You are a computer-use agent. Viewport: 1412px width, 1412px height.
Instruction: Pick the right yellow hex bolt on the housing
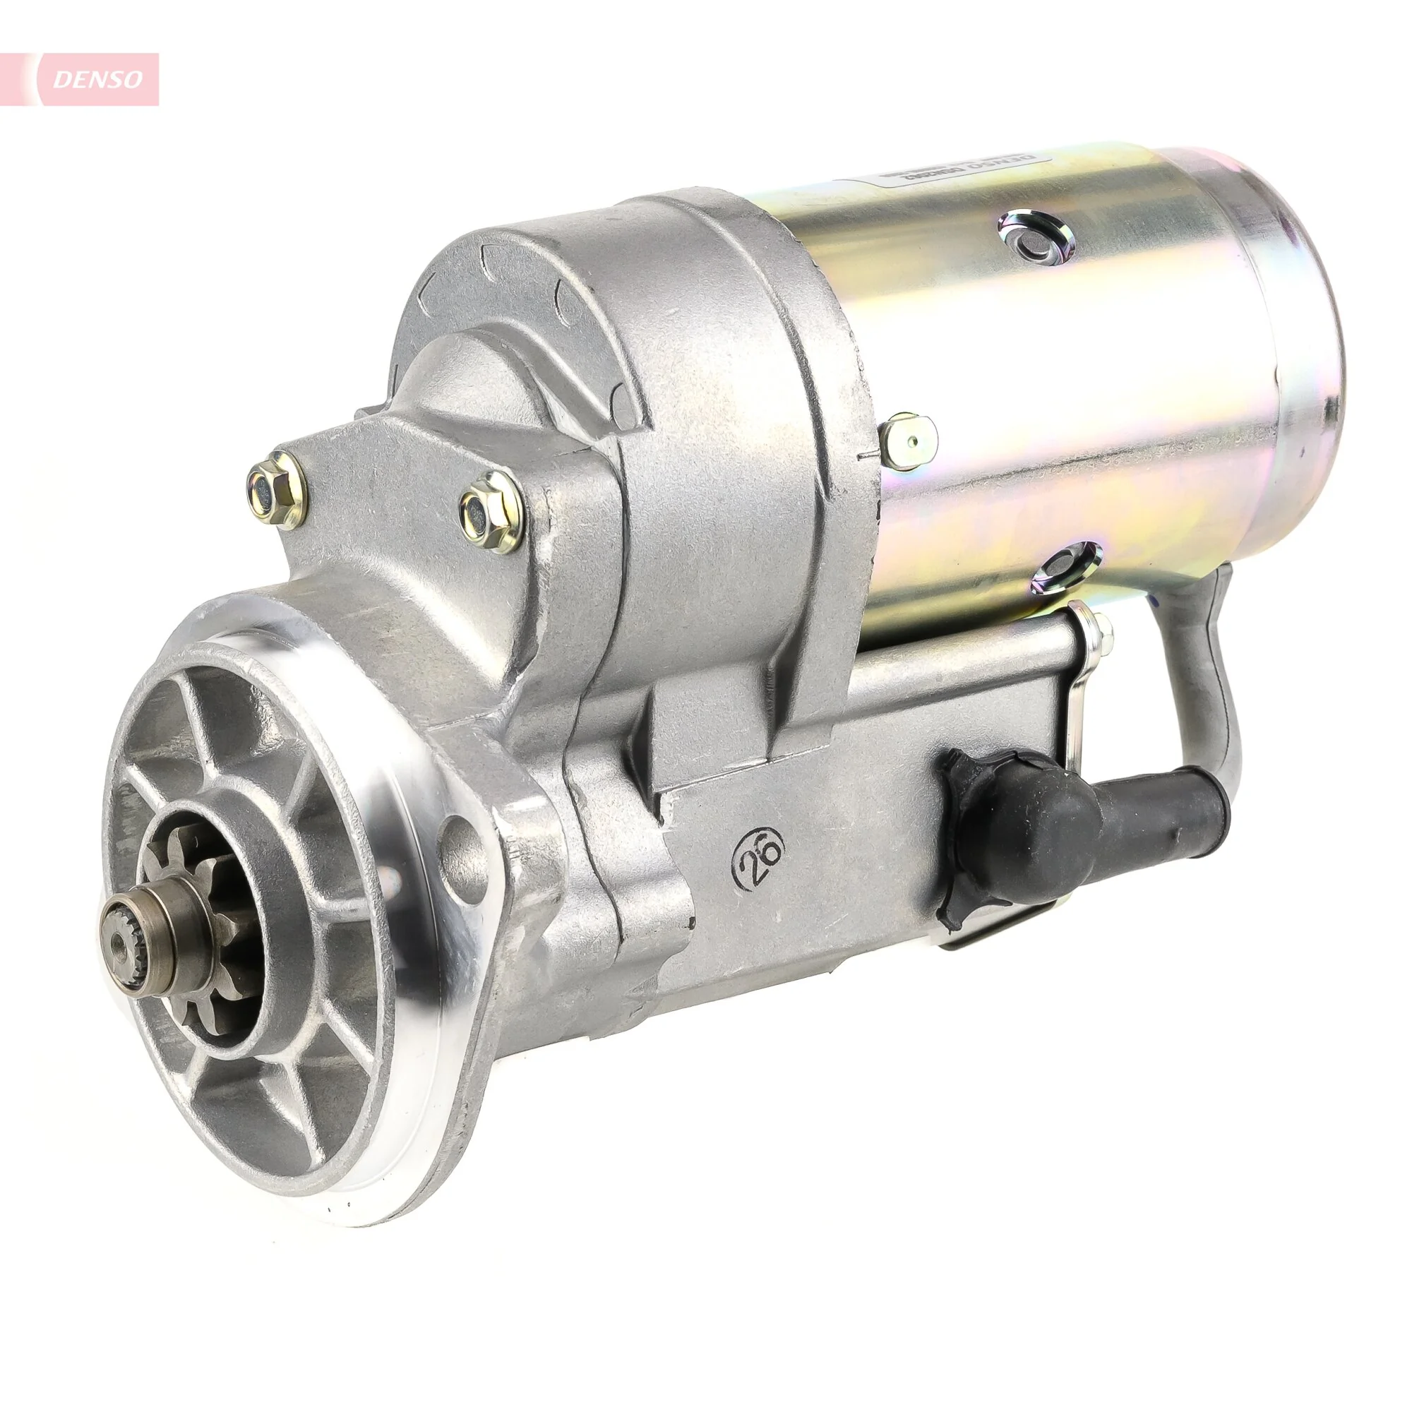click(x=491, y=512)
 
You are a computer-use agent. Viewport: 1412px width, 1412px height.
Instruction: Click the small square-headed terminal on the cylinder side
click(x=909, y=441)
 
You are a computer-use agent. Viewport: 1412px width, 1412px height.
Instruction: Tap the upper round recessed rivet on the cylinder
click(x=1036, y=237)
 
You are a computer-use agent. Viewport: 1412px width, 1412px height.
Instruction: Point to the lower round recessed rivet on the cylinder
click(x=1066, y=566)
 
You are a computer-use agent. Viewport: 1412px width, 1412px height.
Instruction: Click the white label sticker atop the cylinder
click(x=957, y=165)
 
